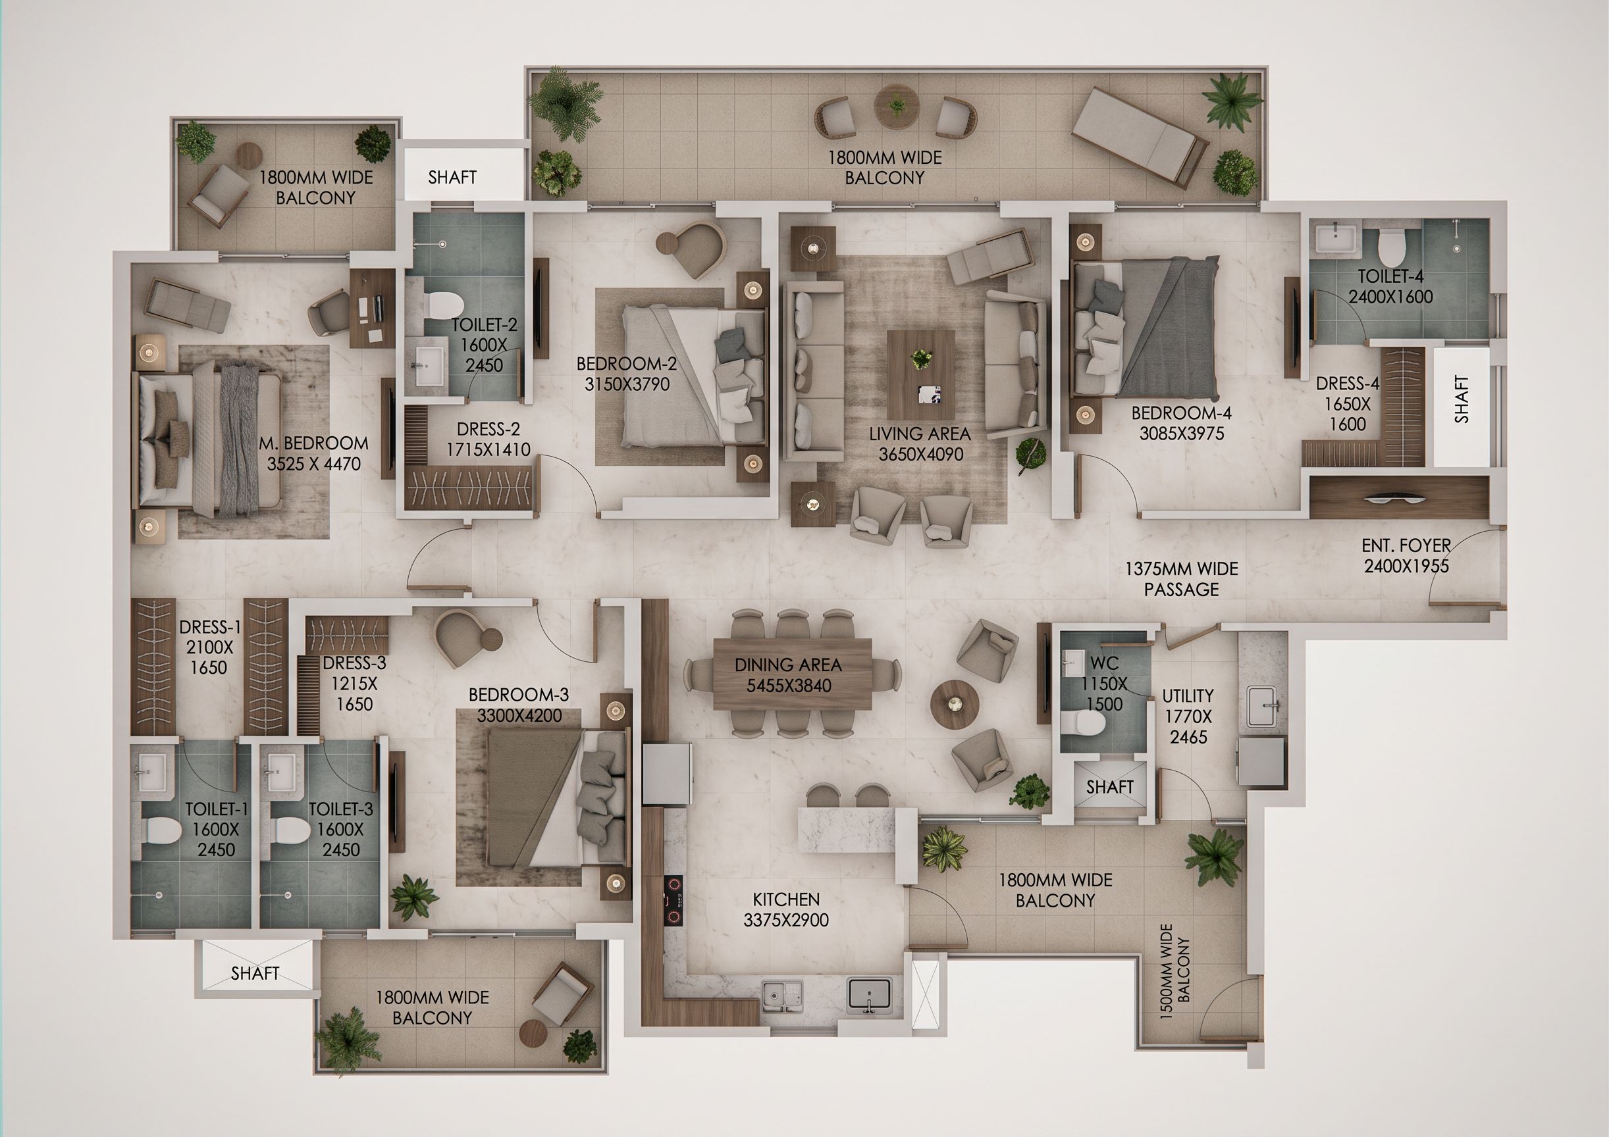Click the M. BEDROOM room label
[313, 443]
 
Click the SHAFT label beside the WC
[1109, 787]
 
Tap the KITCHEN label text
[785, 899]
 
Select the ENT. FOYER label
[1406, 545]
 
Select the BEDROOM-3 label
[519, 695]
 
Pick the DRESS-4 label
[1347, 383]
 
